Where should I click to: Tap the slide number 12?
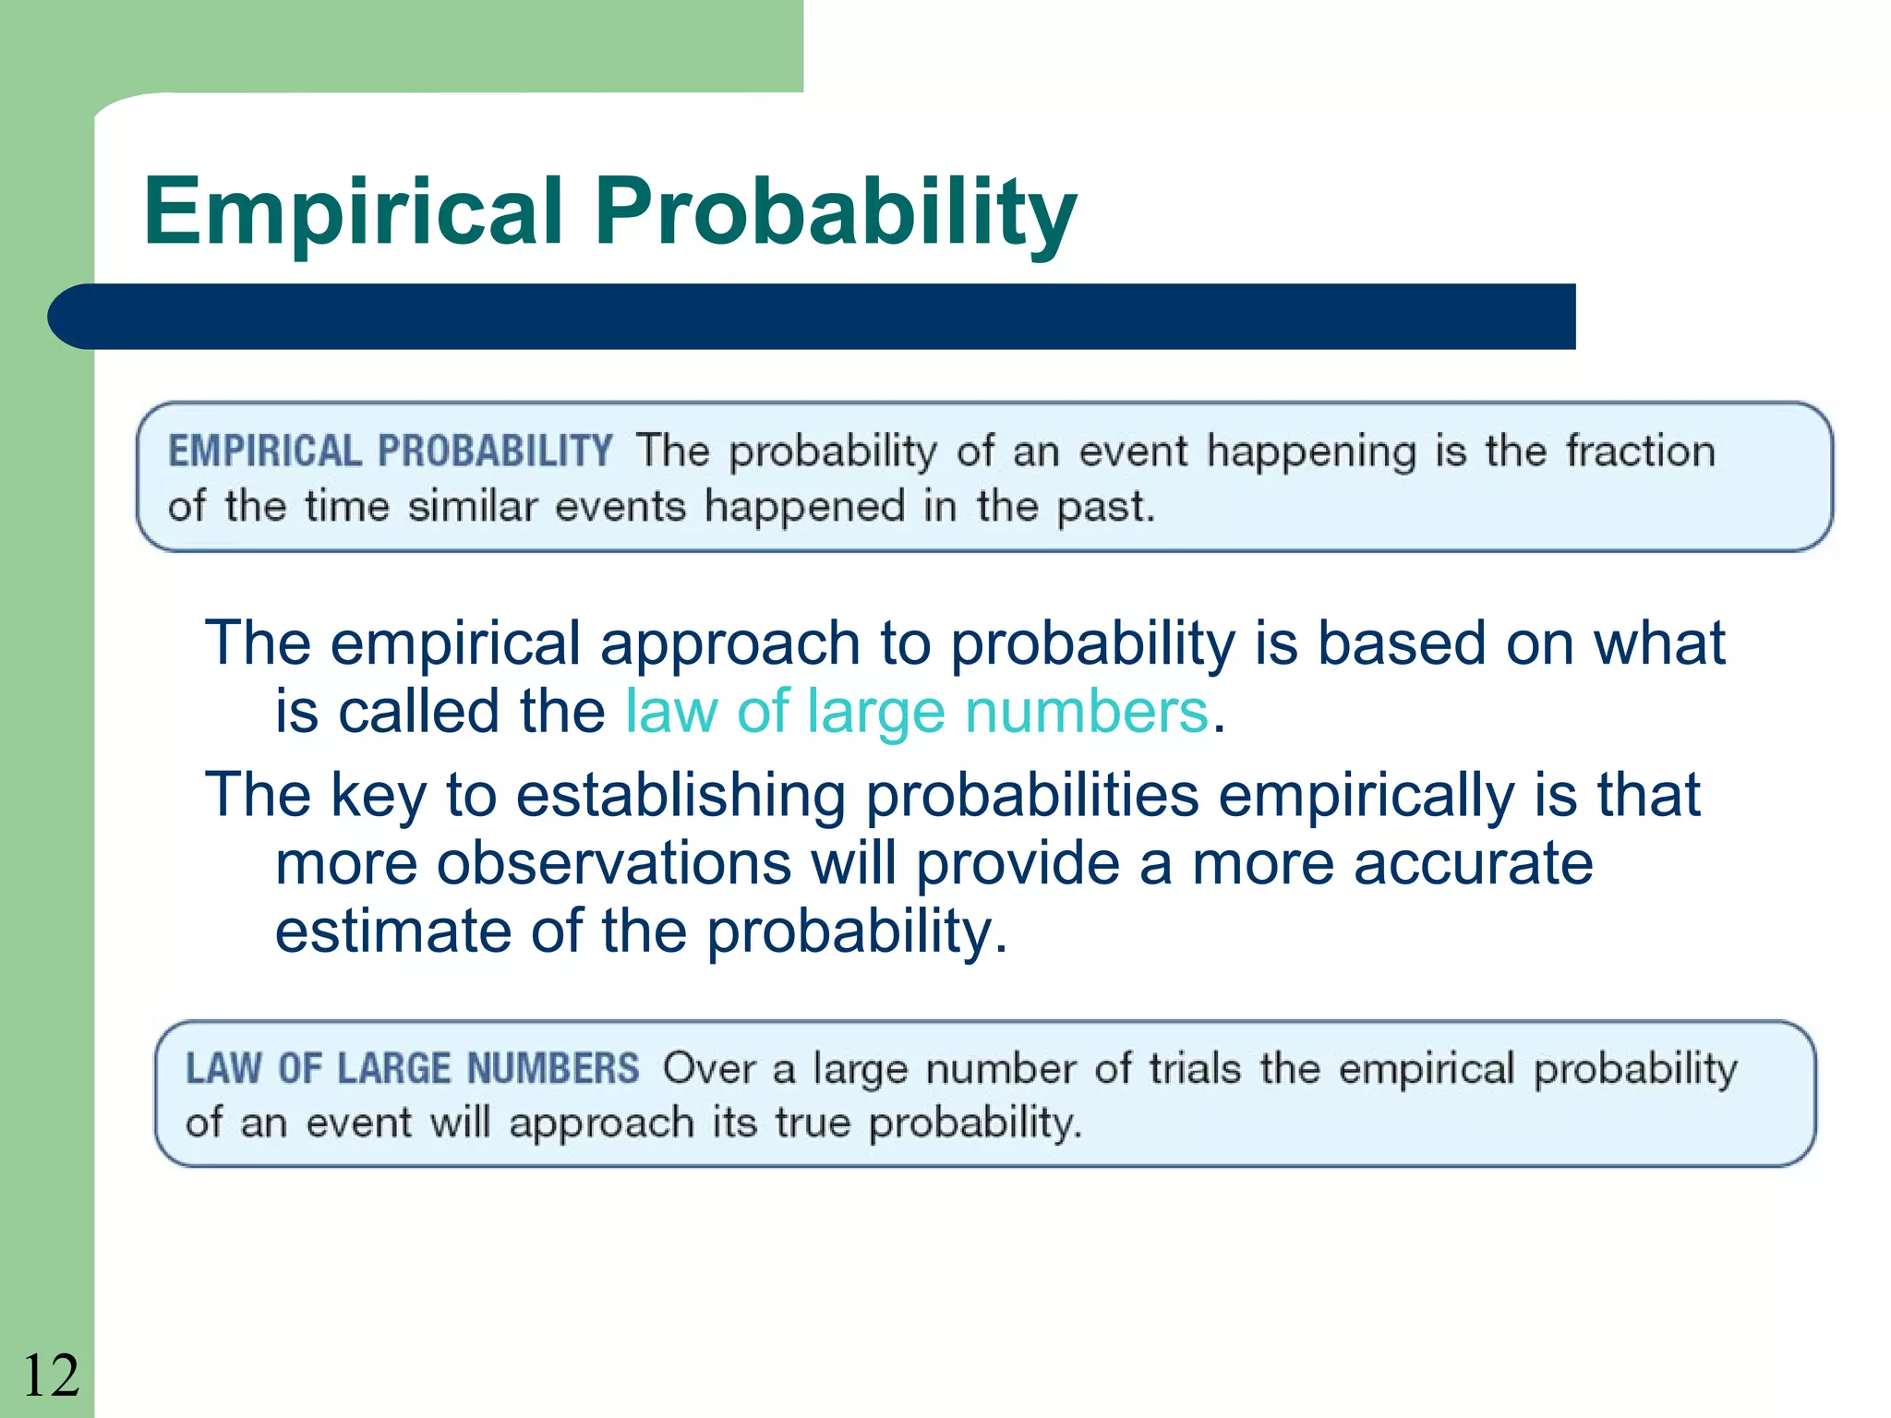click(x=51, y=1376)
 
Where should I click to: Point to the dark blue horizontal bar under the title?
click(x=813, y=317)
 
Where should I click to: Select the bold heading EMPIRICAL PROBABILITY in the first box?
click(x=390, y=451)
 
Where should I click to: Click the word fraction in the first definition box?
click(x=1641, y=451)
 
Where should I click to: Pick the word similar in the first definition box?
click(x=472, y=507)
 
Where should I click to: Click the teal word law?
click(x=670, y=712)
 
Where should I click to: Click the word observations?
click(x=613, y=864)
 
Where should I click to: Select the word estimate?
click(x=392, y=931)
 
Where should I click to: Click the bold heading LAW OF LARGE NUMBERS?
click(x=412, y=1069)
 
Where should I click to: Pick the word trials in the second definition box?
click(x=1195, y=1069)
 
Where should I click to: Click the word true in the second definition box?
click(x=812, y=1124)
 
